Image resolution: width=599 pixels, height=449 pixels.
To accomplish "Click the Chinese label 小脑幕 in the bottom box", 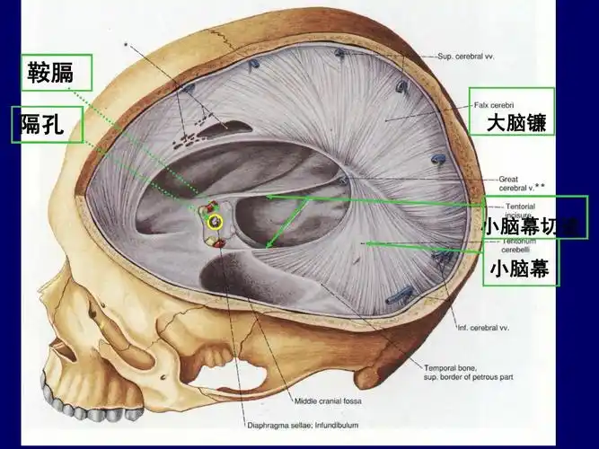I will click(x=519, y=268).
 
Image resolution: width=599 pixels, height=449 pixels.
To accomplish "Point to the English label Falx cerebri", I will click(x=495, y=104).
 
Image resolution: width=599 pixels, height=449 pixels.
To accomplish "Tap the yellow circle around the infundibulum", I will click(x=215, y=221).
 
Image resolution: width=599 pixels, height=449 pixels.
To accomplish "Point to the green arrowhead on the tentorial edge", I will click(x=267, y=243).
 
